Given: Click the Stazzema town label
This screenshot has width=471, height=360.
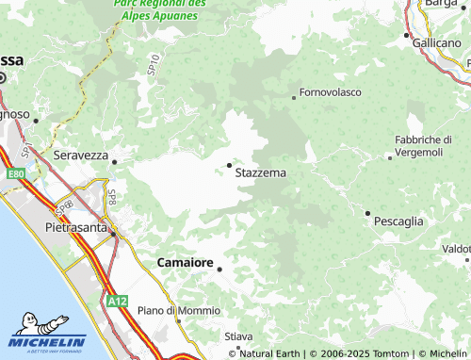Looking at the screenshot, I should tap(260, 173).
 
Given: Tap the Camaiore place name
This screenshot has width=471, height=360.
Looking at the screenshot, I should tap(183, 261).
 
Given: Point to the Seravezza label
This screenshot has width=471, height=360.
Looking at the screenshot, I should tap(81, 154).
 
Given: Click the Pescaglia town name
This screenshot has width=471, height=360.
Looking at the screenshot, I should tap(398, 221).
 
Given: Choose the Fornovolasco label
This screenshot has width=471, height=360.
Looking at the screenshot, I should tap(330, 93).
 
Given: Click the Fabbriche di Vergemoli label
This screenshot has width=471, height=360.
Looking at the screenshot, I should tap(424, 146).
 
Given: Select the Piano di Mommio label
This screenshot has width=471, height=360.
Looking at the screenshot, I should tap(178, 310).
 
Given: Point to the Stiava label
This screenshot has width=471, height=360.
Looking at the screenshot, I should tap(239, 335).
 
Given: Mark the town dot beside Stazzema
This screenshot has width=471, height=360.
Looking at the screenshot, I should tap(230, 166).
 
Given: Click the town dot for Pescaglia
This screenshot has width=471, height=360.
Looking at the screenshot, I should tap(367, 213).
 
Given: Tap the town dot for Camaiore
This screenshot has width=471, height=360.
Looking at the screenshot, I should tap(219, 269).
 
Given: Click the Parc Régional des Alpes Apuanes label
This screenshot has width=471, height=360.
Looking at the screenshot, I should tap(160, 9).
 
